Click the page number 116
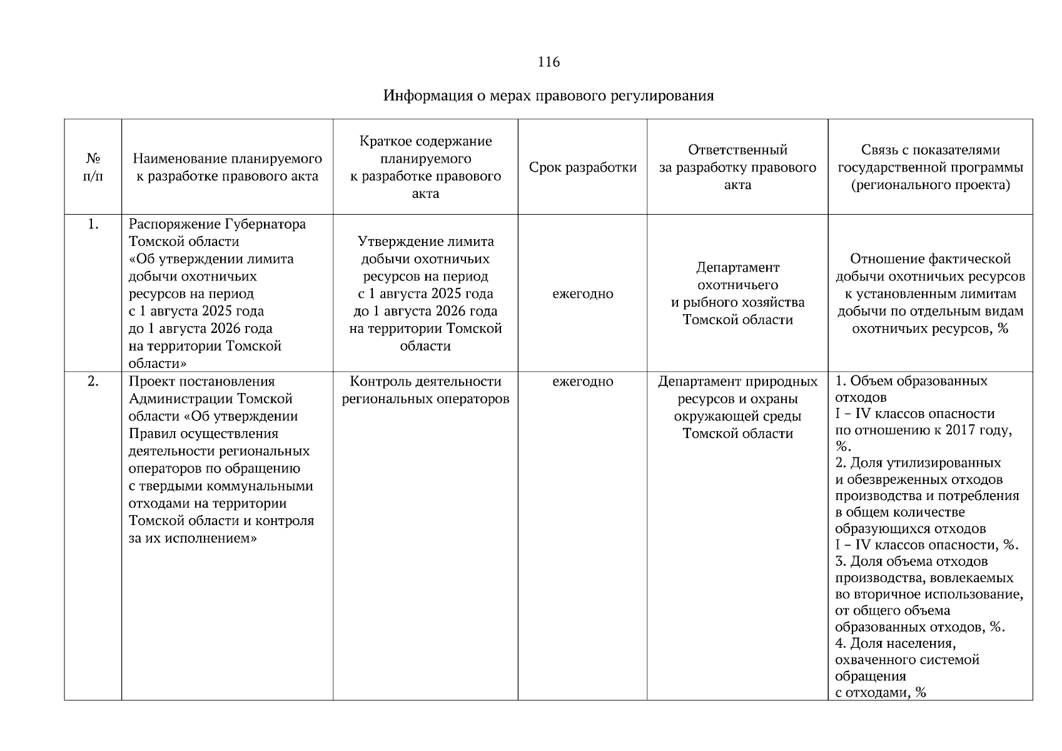548,62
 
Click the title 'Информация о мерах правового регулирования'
548,96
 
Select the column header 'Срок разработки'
582,168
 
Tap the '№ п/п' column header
93,167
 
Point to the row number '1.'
93,224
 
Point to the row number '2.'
93,381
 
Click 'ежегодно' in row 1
582,294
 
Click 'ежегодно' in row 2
582,381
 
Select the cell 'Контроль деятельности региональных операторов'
425,390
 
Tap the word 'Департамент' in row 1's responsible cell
737,268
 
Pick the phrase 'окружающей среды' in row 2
737,416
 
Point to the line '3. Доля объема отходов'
911,561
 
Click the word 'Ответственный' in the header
737,150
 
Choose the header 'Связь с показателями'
930,150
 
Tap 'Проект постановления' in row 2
201,381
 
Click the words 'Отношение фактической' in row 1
930,259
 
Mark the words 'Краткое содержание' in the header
425,141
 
